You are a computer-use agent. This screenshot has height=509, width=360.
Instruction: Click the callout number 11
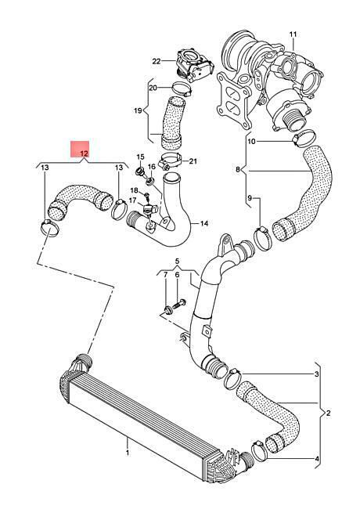[x=293, y=34]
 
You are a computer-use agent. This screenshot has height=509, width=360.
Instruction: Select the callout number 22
[x=157, y=61]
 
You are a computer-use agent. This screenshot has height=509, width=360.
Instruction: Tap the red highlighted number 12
[x=85, y=153]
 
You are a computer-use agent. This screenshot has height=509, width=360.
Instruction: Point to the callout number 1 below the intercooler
[x=128, y=452]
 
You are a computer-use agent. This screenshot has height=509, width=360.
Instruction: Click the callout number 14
[x=204, y=223]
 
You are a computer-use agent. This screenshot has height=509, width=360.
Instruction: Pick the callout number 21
[x=193, y=161]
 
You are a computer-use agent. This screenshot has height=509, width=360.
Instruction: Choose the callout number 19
[x=138, y=110]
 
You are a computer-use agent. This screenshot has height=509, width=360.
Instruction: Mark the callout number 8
[x=238, y=169]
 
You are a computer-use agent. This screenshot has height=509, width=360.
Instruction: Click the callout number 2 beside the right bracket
[x=328, y=413]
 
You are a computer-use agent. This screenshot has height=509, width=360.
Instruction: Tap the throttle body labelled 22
[x=195, y=66]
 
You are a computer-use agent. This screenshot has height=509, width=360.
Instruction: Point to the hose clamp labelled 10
[x=303, y=138]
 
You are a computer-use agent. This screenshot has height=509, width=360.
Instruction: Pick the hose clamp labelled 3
[x=233, y=378]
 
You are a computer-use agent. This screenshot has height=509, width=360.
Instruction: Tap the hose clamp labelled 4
[x=260, y=450]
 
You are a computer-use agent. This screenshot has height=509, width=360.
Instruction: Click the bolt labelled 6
[x=180, y=304]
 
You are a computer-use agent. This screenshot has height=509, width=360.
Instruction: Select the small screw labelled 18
[x=146, y=196]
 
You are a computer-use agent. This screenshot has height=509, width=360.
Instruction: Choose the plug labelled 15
[x=141, y=171]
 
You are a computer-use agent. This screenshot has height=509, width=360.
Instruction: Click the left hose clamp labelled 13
[x=50, y=227]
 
